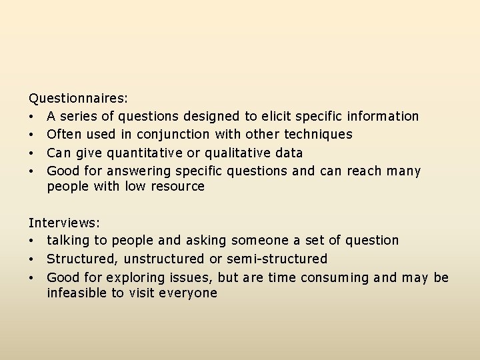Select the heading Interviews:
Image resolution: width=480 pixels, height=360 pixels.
click(x=64, y=222)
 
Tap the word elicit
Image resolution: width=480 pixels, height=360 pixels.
click(x=276, y=116)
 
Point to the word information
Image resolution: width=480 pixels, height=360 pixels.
click(x=383, y=116)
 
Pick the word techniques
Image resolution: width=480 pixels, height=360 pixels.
click(x=318, y=134)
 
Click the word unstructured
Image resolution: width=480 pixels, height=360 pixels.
click(x=167, y=259)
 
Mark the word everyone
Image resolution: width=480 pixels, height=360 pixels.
click(x=189, y=293)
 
